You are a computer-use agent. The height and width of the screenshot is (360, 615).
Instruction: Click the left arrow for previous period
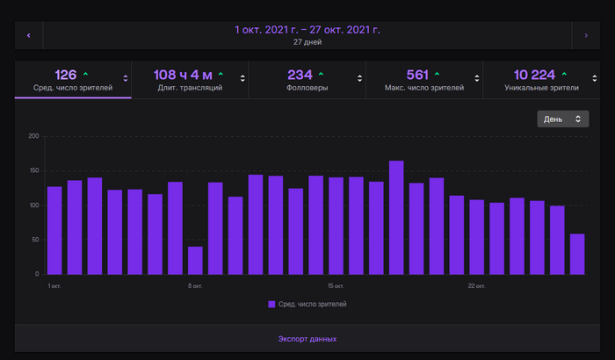[28, 35]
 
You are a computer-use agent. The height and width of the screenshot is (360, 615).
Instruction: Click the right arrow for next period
[586, 35]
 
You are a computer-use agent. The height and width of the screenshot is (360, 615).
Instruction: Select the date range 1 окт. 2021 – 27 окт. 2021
[307, 30]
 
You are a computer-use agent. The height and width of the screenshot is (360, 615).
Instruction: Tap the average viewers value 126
[66, 75]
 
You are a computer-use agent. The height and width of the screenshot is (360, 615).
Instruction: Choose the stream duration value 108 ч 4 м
[183, 75]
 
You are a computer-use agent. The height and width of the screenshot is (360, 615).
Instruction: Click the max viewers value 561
[416, 75]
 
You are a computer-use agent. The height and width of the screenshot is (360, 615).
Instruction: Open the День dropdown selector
[563, 119]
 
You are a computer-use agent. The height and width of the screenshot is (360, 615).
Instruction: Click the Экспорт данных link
[307, 338]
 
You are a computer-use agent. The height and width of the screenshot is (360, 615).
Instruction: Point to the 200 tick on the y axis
[34, 136]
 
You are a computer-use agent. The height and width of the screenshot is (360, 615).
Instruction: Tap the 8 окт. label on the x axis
[195, 285]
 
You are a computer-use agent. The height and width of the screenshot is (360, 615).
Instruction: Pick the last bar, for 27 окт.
[577, 254]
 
